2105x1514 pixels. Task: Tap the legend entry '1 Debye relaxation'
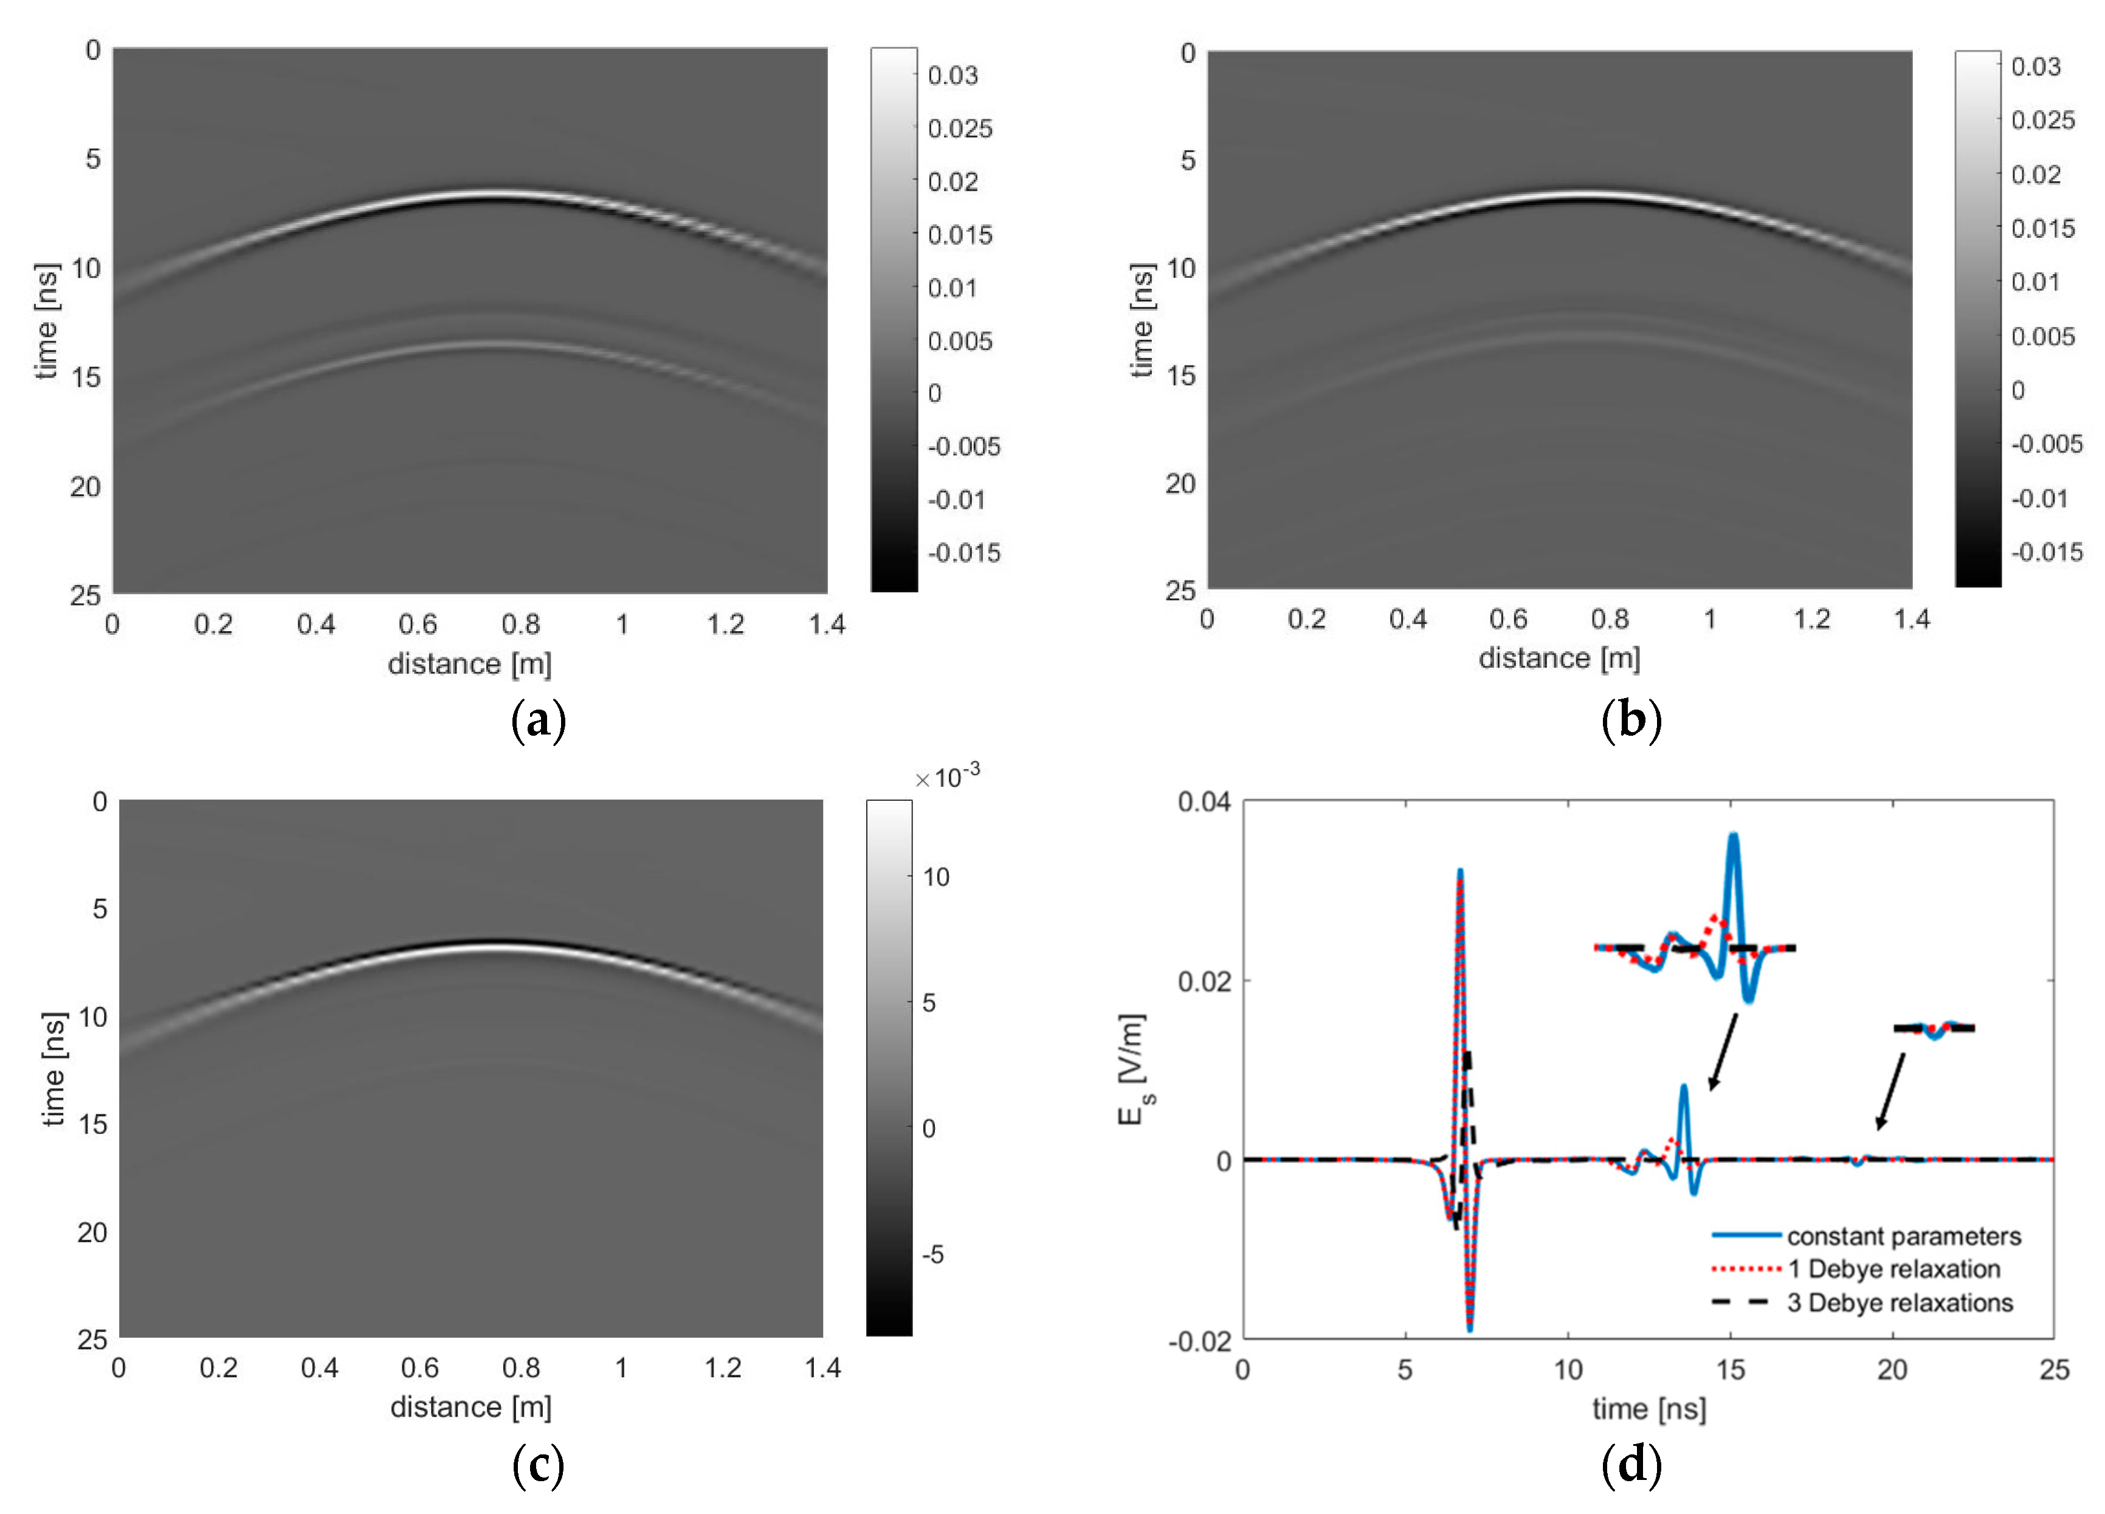[1893, 1269]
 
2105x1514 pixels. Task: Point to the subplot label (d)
[1631, 1464]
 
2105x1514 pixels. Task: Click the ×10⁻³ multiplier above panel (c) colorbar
[946, 776]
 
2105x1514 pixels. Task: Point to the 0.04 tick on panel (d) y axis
[1203, 801]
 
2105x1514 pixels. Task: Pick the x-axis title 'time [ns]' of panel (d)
[1649, 1409]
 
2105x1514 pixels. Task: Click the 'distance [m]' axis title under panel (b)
[1559, 658]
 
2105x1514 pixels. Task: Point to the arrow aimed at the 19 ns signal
[1890, 1091]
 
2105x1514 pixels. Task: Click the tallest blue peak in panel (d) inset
[1732, 837]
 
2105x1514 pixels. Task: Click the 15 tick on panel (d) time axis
[1729, 1369]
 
